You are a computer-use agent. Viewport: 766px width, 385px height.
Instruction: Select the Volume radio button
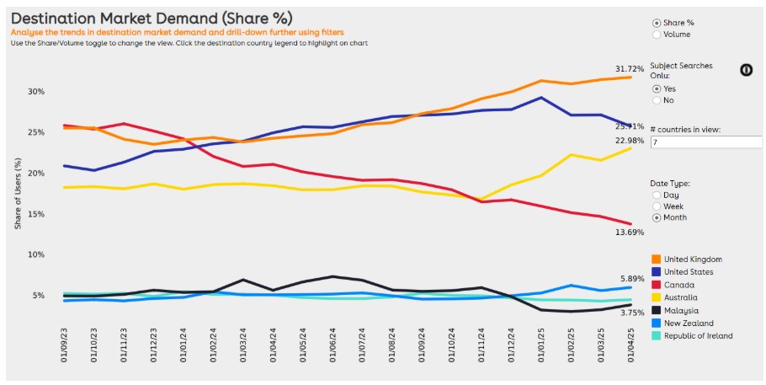coord(657,35)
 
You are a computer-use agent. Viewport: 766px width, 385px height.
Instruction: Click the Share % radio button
coord(657,23)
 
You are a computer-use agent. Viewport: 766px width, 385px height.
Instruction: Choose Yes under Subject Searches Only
coord(657,88)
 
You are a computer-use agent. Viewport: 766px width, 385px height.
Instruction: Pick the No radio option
coord(657,100)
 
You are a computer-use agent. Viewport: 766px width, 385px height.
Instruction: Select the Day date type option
coord(657,195)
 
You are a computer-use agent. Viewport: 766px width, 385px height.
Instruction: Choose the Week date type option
coord(657,206)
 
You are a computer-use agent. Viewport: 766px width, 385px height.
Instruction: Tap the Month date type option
coord(657,217)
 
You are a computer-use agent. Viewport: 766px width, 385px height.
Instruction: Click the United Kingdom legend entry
coord(693,259)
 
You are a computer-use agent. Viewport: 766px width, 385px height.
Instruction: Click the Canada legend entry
coord(679,285)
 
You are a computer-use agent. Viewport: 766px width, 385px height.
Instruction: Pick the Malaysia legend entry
coord(682,310)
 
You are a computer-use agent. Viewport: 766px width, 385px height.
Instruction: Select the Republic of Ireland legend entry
coord(698,335)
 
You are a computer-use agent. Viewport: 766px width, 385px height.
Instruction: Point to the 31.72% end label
coord(630,67)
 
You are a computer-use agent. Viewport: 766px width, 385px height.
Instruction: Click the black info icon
coord(746,69)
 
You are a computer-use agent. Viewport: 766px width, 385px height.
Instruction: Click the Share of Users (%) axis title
coord(18,197)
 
